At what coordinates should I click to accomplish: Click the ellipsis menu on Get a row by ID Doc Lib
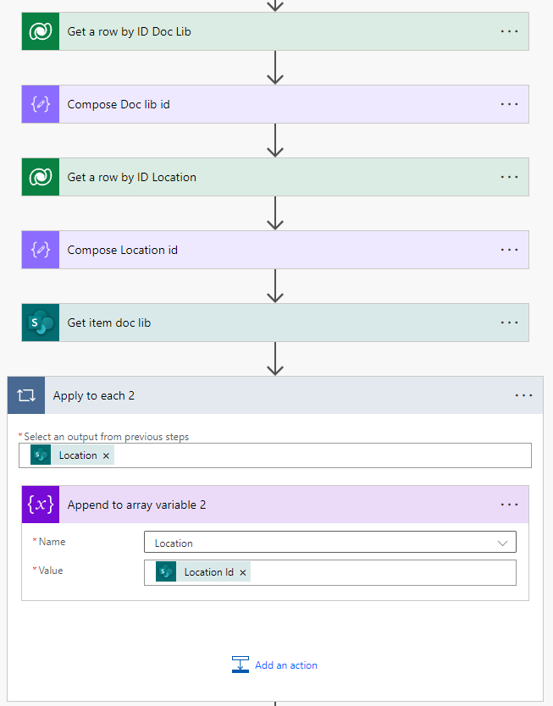point(509,31)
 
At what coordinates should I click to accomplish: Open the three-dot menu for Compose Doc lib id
point(509,104)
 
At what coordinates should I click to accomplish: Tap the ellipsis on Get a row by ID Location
point(509,177)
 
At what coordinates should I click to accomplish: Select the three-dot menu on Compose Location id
point(509,250)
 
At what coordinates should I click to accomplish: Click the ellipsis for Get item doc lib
point(509,323)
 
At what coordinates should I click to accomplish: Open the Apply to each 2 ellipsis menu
point(523,395)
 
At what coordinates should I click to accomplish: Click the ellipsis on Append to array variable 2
point(509,505)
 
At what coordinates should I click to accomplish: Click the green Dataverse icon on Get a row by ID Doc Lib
point(41,31)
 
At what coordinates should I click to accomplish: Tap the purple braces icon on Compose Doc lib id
point(41,104)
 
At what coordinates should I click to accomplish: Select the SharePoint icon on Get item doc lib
point(41,323)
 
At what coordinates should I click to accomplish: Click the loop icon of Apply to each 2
point(26,395)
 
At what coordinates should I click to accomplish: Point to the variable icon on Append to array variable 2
point(41,505)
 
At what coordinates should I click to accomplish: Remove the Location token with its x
point(106,455)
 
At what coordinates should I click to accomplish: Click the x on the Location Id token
point(243,572)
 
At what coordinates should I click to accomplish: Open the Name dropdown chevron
point(503,543)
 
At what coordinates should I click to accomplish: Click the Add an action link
point(285,665)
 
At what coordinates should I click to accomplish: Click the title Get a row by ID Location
point(131,177)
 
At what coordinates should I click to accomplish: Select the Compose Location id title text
point(122,250)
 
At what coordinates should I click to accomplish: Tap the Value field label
point(50,571)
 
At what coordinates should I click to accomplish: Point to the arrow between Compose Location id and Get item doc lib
point(274,285)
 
